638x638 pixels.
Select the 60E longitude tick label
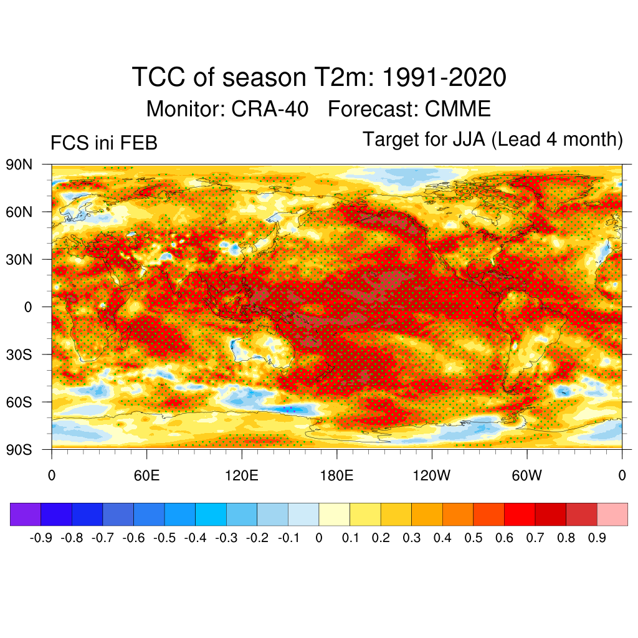point(146,477)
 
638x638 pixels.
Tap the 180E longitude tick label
point(336,477)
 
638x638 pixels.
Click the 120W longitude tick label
point(432,477)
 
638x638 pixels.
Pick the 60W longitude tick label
point(526,477)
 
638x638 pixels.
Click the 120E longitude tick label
point(241,477)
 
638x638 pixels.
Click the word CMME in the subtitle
point(458,109)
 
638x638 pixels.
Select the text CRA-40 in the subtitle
point(270,109)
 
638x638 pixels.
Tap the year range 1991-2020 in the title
point(443,79)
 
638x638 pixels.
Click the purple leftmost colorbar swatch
point(26,514)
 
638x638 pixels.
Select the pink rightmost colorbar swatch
point(612,514)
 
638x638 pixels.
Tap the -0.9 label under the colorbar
point(41,538)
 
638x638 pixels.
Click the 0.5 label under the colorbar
point(474,538)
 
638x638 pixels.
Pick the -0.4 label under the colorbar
point(195,538)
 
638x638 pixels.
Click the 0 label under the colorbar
point(319,538)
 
